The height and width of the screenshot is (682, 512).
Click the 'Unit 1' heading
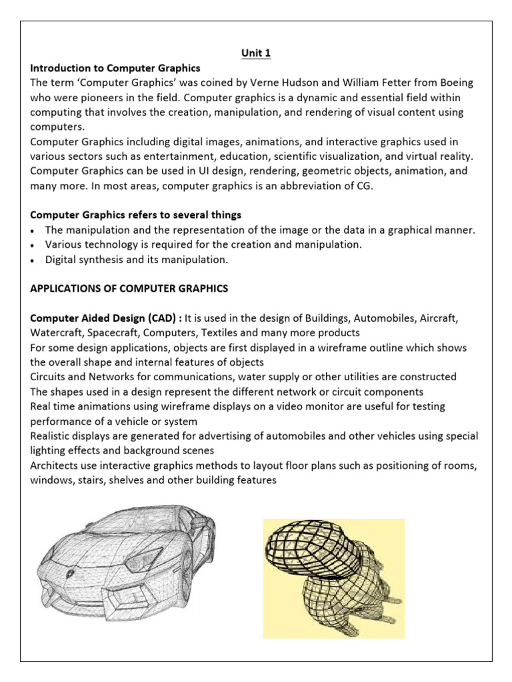(255, 54)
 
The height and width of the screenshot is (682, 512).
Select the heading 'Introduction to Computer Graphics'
(115, 69)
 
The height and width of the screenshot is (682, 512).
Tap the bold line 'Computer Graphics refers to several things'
(135, 214)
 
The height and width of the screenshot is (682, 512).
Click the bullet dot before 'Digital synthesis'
(34, 260)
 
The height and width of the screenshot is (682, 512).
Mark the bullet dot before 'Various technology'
(34, 245)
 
